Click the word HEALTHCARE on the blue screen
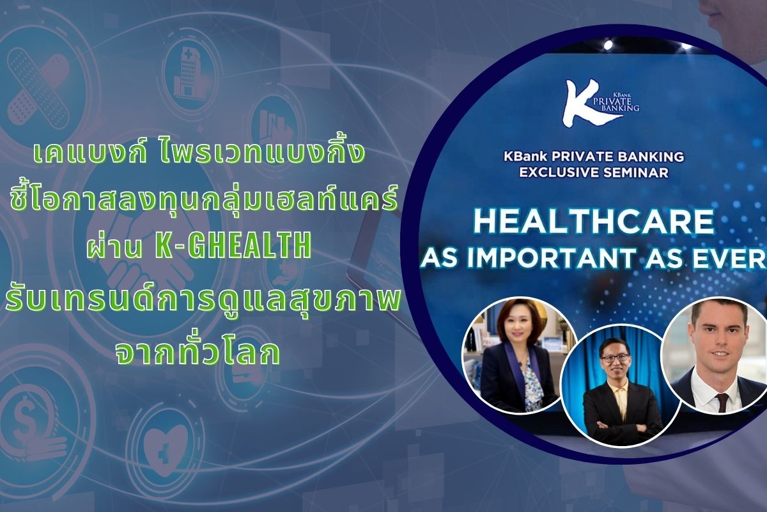(594, 221)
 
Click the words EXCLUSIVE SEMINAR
(594, 172)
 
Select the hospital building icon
(188, 73)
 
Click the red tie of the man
(723, 402)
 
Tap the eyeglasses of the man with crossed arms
(615, 358)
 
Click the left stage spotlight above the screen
(608, 45)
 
